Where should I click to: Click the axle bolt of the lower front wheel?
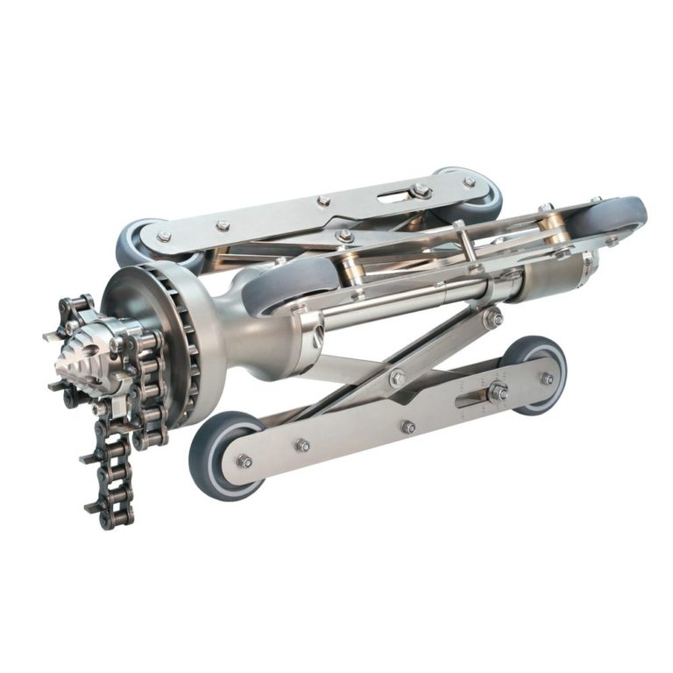(x=244, y=461)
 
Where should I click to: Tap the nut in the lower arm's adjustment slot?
(x=498, y=391)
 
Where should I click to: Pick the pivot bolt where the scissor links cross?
(x=397, y=378)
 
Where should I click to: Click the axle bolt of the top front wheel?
(x=164, y=237)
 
